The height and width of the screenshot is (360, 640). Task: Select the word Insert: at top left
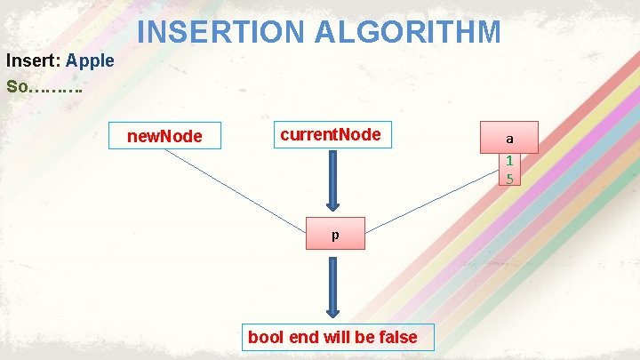tap(33, 61)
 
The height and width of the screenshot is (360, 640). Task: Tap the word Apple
tap(90, 61)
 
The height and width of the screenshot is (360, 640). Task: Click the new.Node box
tap(165, 136)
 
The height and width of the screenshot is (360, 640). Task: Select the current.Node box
tap(331, 135)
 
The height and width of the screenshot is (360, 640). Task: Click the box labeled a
tap(509, 139)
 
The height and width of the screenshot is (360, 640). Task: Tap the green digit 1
tap(509, 161)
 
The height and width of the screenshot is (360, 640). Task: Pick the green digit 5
tap(509, 178)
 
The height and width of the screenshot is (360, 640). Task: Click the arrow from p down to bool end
tap(332, 286)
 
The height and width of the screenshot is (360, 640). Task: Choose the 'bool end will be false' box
tap(332, 337)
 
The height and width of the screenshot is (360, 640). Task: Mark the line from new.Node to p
tap(236, 186)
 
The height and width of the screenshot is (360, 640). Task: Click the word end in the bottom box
tap(300, 337)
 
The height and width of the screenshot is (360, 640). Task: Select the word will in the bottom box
tap(334, 337)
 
